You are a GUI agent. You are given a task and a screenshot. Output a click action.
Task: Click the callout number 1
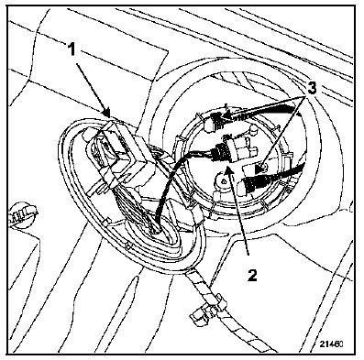pos(72,50)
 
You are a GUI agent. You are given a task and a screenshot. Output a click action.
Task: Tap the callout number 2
pos(252,275)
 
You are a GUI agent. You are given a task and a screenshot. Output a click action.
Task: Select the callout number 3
pos(310,89)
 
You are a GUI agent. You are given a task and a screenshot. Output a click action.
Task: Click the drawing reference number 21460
pos(332,344)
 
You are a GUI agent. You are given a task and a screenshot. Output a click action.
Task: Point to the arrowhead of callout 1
pos(107,113)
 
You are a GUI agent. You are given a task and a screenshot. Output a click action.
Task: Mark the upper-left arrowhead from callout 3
pos(225,116)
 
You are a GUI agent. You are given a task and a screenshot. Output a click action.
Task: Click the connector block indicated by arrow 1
pos(118,152)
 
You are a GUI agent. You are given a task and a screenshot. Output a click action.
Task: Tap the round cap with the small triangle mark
pos(224,181)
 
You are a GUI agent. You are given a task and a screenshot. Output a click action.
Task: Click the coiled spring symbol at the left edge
pos(22,213)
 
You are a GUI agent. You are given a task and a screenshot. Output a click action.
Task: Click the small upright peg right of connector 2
pos(253,130)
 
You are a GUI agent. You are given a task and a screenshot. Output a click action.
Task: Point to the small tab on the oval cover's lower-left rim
pos(107,222)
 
